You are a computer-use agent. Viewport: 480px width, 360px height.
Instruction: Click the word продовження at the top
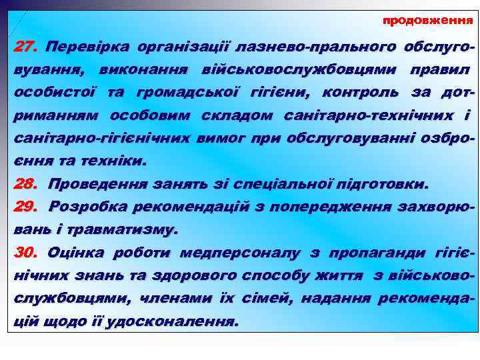tap(427, 21)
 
